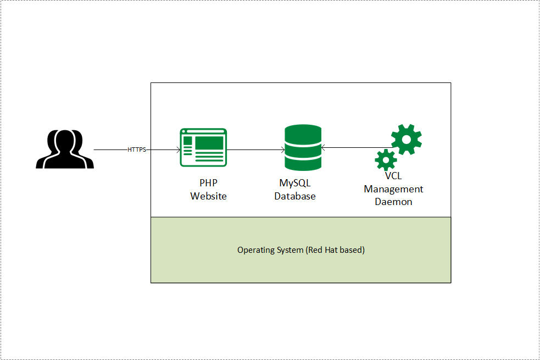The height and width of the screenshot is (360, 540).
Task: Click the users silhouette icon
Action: [65, 149]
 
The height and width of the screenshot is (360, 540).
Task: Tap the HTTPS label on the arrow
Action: [137, 149]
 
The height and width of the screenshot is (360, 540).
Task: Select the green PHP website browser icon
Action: [203, 147]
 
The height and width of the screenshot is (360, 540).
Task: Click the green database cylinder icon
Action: [303, 147]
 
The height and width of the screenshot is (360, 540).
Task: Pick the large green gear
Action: [406, 140]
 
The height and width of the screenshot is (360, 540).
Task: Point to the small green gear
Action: [386, 159]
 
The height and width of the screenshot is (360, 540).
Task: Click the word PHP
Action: [208, 183]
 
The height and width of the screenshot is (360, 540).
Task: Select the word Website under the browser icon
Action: [208, 196]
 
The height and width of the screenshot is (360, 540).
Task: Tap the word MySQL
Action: [295, 183]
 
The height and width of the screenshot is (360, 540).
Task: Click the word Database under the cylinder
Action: [295, 196]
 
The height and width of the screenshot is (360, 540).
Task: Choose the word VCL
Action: [393, 176]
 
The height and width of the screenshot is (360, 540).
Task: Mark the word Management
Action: [393, 189]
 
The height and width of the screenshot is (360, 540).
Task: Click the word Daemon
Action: [393, 202]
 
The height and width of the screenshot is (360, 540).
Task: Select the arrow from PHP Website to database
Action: [255, 149]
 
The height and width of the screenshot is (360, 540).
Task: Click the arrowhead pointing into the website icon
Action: [178, 149]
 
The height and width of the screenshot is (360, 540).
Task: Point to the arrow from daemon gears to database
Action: [352, 147]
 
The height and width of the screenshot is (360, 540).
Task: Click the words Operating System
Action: [271, 250]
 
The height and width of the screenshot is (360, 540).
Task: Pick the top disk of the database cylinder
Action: [303, 132]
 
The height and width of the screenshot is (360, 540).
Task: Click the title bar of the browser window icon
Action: [203, 132]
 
